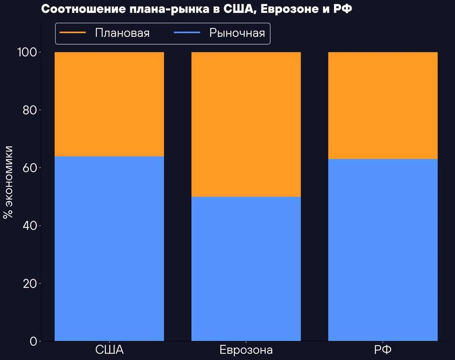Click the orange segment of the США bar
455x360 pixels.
109,104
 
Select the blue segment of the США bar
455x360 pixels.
109,248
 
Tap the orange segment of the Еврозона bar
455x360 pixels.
246,124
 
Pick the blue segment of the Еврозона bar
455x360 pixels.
246,269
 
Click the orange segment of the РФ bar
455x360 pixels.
383,106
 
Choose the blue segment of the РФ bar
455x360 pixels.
383,250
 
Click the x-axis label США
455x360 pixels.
109,350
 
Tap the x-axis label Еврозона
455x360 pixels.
246,350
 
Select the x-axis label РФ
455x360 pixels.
383,350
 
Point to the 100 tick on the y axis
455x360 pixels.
27,52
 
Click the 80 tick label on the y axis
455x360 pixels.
30,110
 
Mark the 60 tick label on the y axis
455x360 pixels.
30,168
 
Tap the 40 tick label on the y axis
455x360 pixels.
30,226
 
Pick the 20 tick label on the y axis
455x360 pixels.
30,284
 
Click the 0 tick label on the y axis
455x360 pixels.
33,341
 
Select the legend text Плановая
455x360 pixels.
122,33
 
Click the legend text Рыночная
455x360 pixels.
237,33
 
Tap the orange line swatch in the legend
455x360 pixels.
73,33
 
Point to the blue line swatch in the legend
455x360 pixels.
187,33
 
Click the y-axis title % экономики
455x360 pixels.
8,182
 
